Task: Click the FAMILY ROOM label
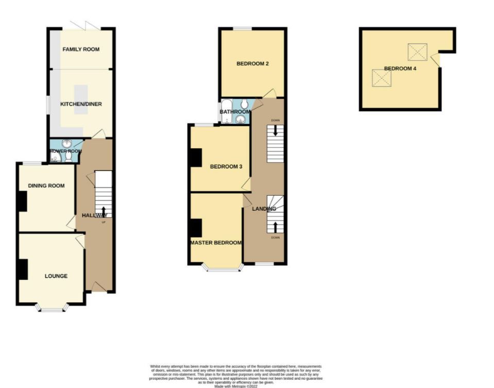point(81,49)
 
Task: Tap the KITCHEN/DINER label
point(81,104)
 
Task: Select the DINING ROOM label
point(46,185)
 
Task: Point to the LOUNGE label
point(56,276)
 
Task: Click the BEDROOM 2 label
point(253,64)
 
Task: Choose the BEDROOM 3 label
point(226,166)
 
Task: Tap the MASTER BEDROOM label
point(216,243)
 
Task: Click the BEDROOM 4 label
point(400,69)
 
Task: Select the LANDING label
point(264,209)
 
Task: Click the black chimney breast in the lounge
point(23,269)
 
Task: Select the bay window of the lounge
point(52,309)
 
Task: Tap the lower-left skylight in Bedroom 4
point(382,78)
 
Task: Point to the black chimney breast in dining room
point(22,201)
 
